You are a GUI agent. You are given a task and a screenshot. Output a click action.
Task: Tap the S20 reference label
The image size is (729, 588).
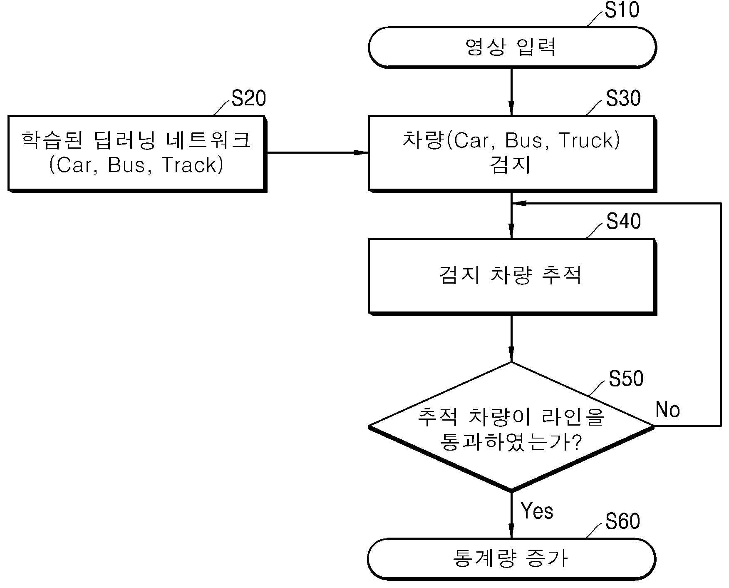pos(248,98)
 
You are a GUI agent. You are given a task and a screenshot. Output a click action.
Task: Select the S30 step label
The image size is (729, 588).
pos(623,98)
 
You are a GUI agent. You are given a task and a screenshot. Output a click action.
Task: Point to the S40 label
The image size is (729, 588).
pos(623,221)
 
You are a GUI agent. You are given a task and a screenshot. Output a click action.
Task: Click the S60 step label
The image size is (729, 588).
pos(623,521)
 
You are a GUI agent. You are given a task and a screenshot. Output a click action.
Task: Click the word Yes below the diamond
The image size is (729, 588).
pos(537,511)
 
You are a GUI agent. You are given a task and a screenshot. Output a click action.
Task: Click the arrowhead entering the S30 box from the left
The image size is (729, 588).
pos(361,153)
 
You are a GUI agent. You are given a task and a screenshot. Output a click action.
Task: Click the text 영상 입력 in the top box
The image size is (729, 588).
pos(511,47)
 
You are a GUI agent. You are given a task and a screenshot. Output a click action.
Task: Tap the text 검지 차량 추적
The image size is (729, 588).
pos(511,275)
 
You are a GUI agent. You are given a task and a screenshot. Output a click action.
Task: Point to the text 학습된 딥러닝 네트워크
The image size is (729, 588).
pos(136,140)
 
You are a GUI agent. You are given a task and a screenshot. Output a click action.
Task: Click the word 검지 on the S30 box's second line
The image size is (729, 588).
pos(511,165)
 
